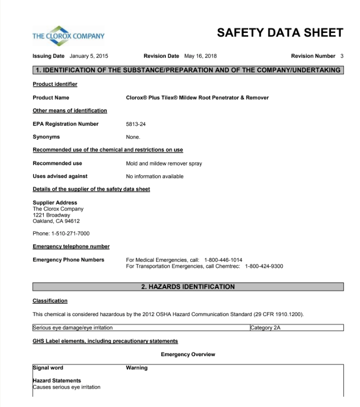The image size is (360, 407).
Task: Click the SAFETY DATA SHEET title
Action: point(280,33)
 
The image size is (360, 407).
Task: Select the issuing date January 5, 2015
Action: point(88,56)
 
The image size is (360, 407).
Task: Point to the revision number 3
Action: point(342,56)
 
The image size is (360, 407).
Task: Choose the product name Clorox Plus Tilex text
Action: point(197,98)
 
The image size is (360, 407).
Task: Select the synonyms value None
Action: point(133,137)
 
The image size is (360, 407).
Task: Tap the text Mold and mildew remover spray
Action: point(164,164)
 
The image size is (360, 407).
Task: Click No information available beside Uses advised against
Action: point(155,177)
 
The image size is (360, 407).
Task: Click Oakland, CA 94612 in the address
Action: point(56,221)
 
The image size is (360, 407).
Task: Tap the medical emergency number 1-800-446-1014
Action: point(223,260)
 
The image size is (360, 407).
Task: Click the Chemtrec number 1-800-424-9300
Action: point(264,266)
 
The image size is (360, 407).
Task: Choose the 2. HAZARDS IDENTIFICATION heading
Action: point(188,287)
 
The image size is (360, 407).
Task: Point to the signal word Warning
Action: point(137,368)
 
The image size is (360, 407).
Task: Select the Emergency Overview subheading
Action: point(188,355)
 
